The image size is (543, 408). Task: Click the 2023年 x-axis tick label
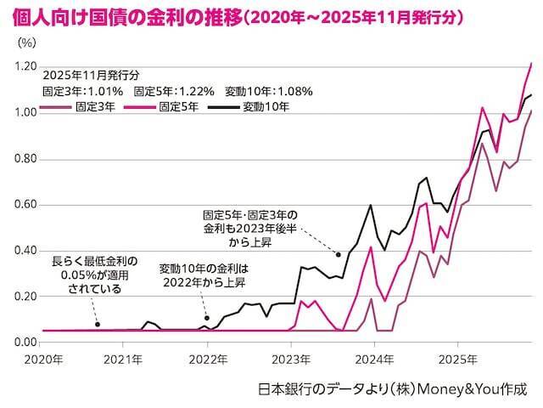(291, 359)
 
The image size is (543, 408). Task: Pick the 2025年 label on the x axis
(457, 359)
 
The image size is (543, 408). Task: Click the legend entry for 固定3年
(85, 108)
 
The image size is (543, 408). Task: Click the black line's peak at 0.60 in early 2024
(371, 205)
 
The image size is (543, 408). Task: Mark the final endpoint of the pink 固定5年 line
(531, 63)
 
